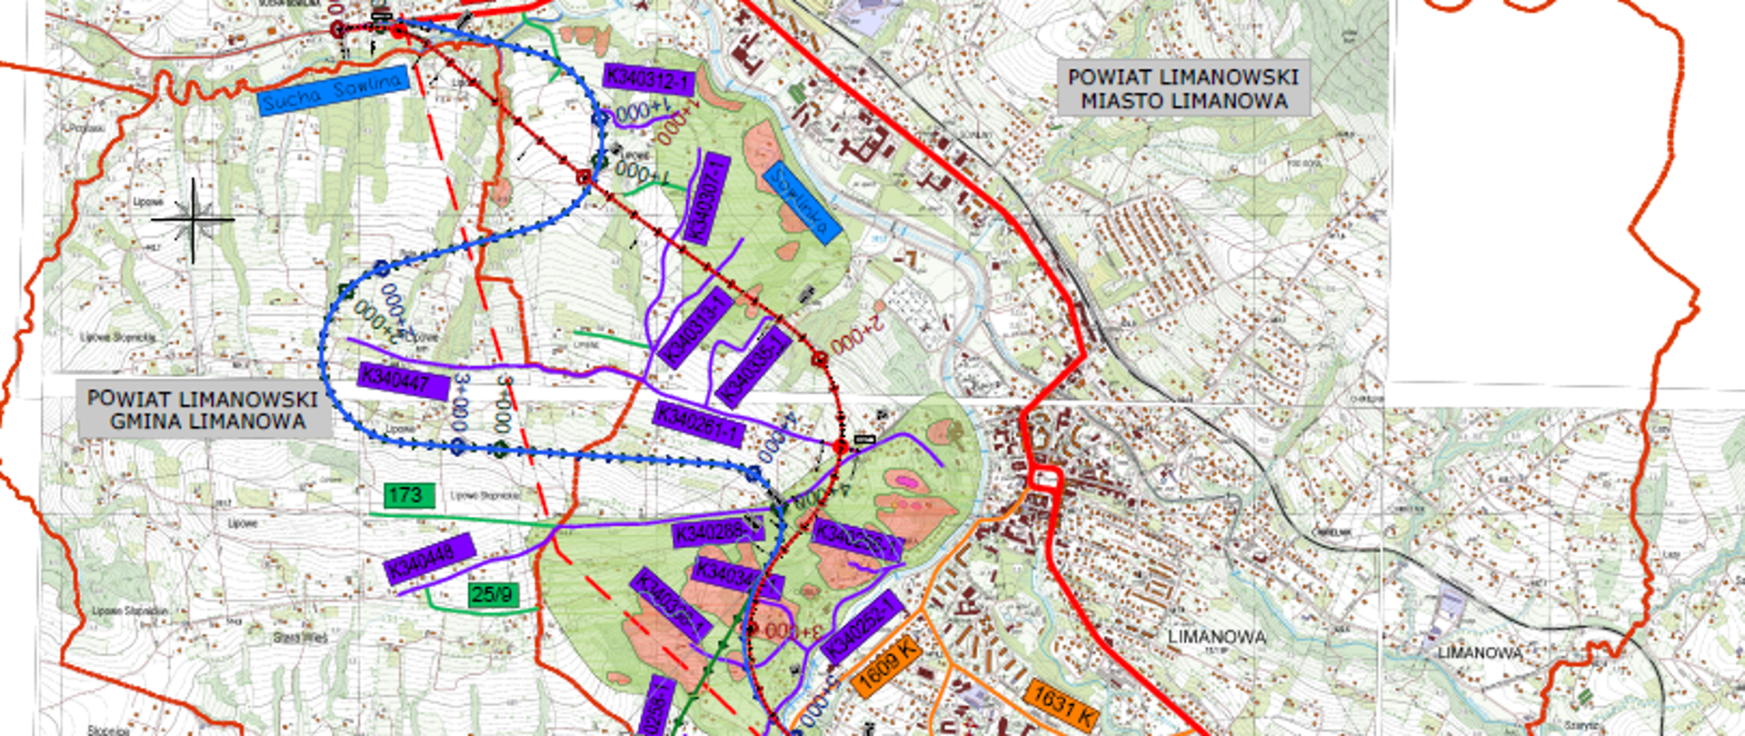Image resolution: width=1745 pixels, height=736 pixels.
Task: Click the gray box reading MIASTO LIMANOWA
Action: [1183, 89]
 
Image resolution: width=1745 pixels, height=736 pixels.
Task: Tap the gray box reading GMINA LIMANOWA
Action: [204, 410]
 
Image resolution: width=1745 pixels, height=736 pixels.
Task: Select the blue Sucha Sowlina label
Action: [333, 91]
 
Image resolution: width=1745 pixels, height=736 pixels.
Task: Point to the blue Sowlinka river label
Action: [801, 202]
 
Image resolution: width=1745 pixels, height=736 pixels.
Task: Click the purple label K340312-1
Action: [649, 80]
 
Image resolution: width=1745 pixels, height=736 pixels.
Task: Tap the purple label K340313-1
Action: [696, 329]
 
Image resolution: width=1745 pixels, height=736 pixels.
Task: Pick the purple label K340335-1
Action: [753, 367]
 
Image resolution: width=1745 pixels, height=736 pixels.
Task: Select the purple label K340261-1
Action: [698, 423]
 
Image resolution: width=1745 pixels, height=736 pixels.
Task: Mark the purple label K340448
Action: [430, 559]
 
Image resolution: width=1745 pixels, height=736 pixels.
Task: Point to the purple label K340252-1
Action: [861, 627]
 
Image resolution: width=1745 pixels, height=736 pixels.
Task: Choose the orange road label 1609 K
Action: [887, 664]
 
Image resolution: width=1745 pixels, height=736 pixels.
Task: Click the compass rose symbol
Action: [193, 220]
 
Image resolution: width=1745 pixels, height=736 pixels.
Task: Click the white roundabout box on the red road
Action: [1045, 478]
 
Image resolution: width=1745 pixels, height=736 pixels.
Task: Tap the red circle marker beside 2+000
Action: [820, 360]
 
